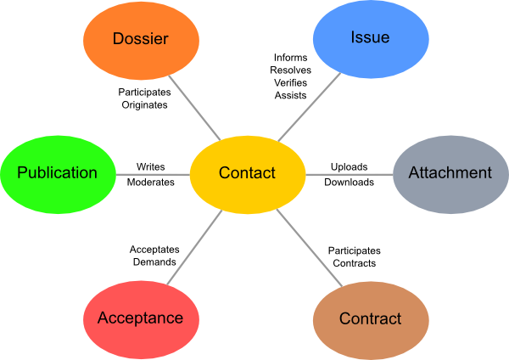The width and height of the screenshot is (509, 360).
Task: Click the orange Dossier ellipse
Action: pos(141,39)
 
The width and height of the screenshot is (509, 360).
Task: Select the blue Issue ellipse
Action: pos(370,38)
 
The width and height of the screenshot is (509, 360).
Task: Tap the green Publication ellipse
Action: pos(58,173)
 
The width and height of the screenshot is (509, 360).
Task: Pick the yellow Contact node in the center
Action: pos(247,173)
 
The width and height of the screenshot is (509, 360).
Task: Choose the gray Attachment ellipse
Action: pos(450,173)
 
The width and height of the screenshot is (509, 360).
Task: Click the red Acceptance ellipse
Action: pos(140,318)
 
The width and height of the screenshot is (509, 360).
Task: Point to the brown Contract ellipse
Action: pos(370,319)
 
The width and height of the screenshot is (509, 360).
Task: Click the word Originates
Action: pos(143,105)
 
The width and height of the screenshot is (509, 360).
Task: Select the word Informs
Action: pos(290,57)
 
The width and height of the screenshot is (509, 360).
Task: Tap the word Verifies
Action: pos(290,82)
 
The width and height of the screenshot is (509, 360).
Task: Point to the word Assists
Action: pos(290,95)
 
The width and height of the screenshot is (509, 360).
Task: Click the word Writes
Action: pos(151,166)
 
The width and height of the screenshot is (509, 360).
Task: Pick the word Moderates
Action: pos(151,182)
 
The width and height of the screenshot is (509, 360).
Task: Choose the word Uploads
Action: pos(349,166)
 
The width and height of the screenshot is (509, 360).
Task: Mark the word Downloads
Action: pos(349,182)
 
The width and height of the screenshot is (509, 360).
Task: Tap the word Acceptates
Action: pos(154,250)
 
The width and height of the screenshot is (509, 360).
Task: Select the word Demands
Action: pos(154,262)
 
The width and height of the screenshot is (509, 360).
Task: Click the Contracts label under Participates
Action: pos(355,263)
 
